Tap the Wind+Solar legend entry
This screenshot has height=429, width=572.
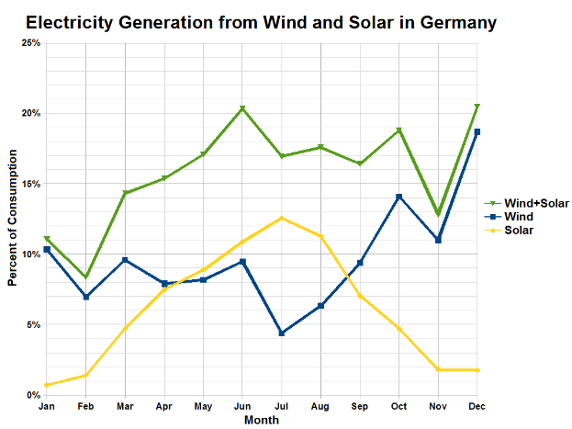[x=535, y=203]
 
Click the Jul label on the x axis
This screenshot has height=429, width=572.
[x=282, y=406]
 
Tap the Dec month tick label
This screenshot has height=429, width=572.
[x=477, y=406]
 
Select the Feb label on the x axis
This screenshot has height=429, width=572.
[x=85, y=406]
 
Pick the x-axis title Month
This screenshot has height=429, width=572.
[x=262, y=420]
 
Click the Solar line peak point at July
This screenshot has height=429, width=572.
[x=282, y=218]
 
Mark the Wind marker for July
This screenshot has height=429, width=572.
[x=282, y=333]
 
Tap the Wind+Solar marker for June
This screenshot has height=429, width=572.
[x=242, y=108]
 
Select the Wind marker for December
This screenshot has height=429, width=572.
[x=477, y=132]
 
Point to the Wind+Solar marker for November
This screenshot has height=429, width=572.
[x=438, y=214]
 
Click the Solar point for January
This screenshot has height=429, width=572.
[x=47, y=385]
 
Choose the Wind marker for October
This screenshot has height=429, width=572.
[x=398, y=197]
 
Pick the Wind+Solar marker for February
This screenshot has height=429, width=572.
[x=85, y=277]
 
